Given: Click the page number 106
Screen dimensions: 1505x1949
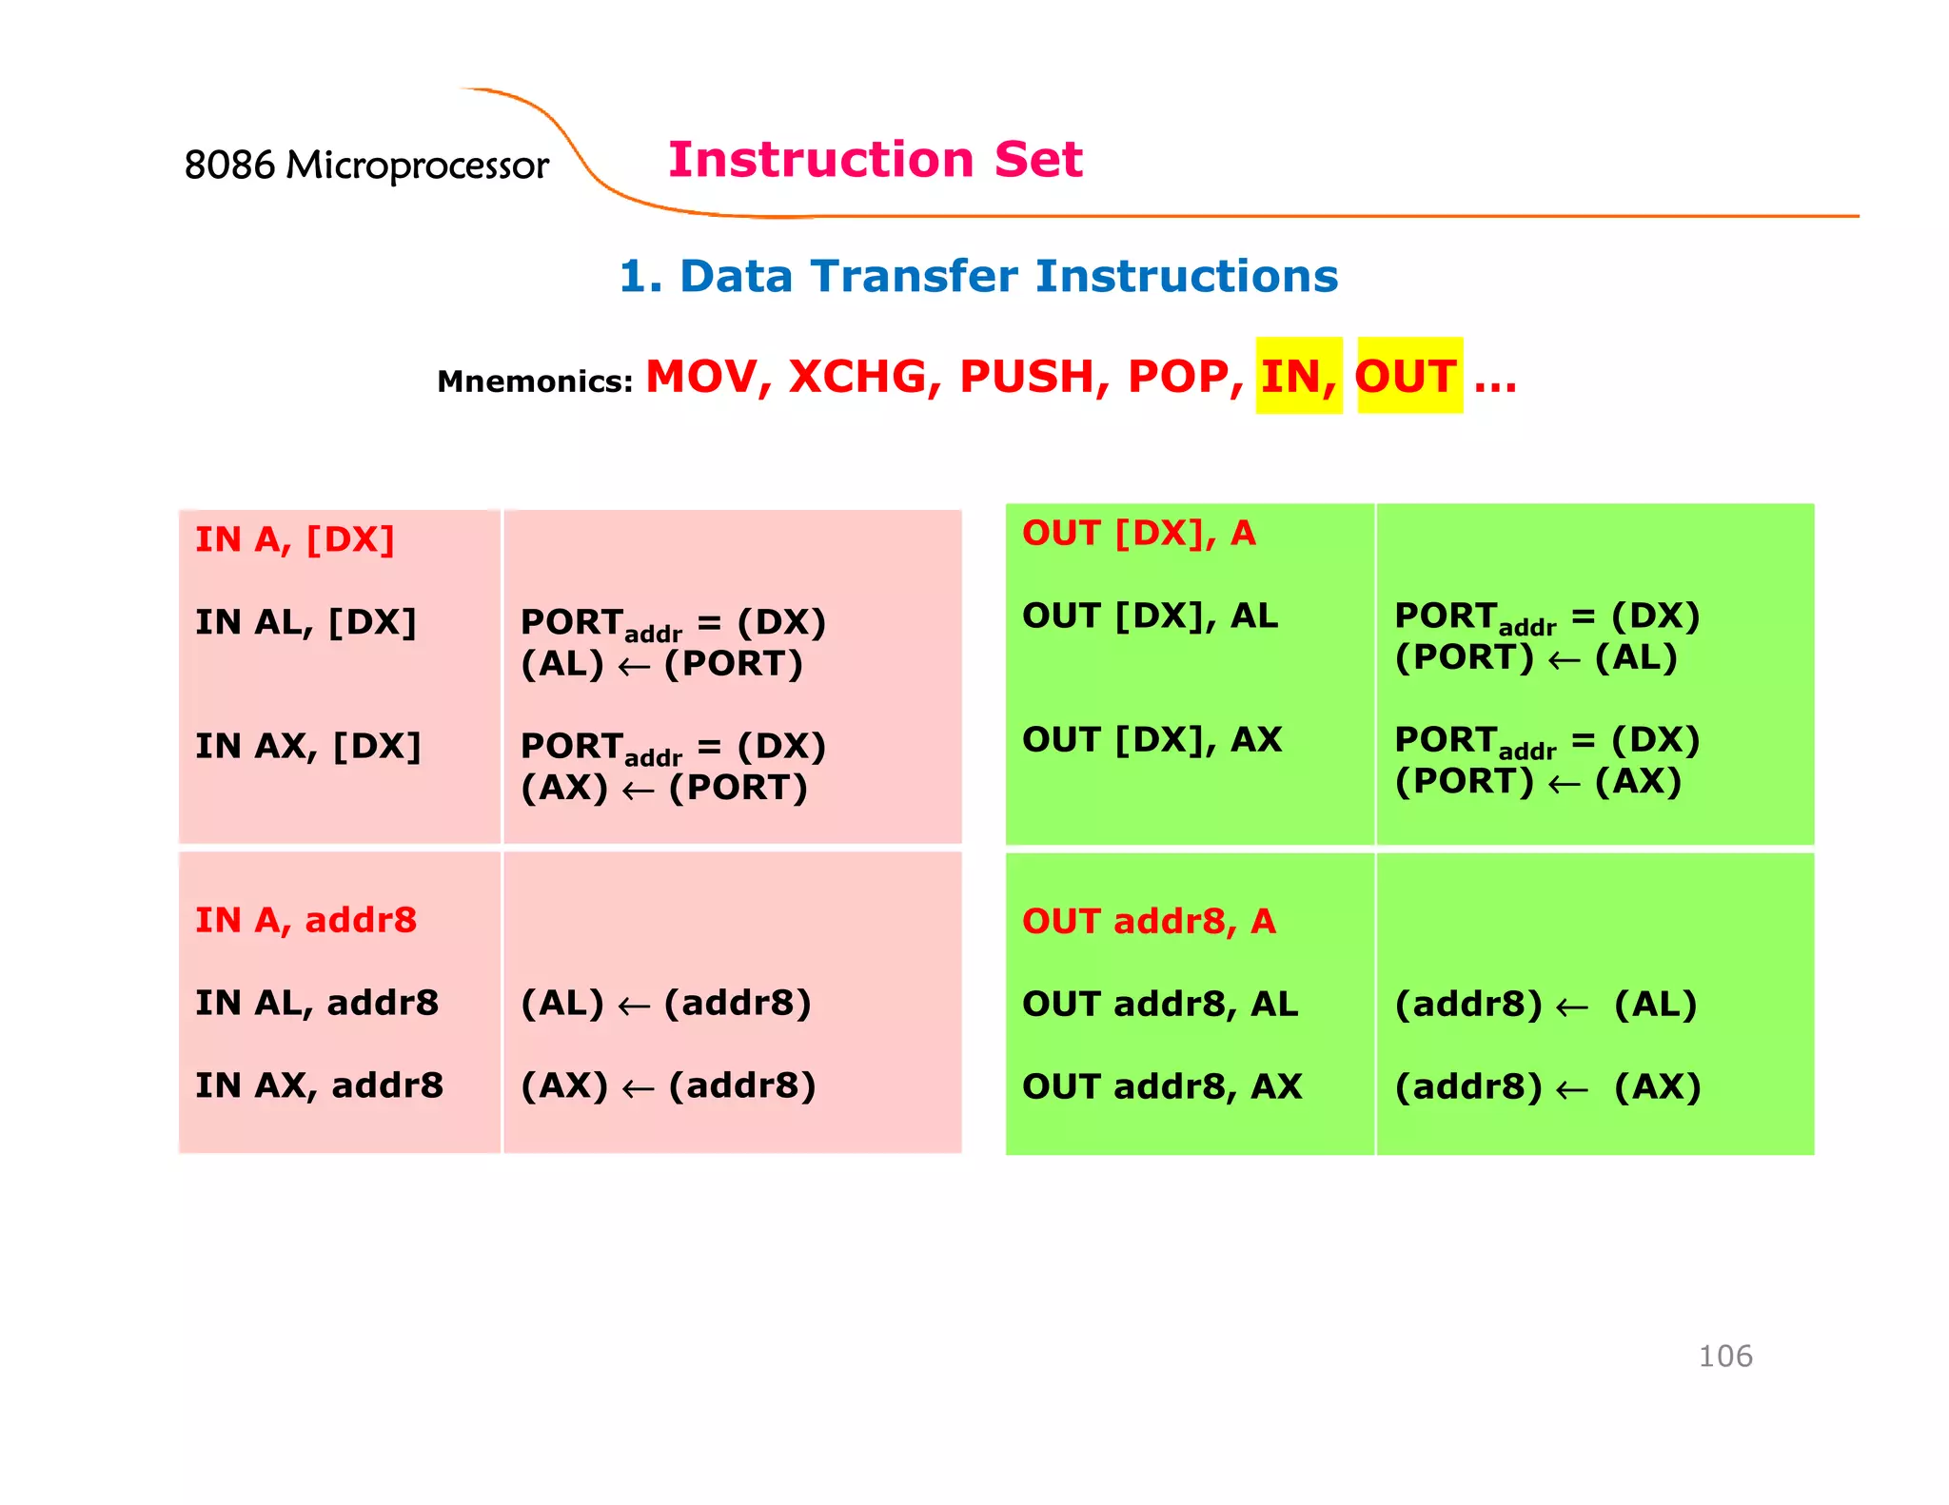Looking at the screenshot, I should [1724, 1356].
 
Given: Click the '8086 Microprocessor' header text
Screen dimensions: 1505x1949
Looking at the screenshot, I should [366, 166].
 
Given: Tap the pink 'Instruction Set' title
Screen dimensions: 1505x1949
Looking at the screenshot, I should [875, 159].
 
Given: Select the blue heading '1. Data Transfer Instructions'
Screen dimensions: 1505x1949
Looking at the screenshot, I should [978, 276].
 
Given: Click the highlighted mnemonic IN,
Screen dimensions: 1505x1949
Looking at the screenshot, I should [1298, 376].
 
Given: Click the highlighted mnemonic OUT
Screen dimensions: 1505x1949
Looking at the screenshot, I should [1407, 376].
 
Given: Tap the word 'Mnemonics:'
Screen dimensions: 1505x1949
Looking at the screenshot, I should [535, 381].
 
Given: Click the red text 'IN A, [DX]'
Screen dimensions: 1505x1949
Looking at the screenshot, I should [294, 539].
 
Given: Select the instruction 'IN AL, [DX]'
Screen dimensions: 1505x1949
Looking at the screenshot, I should [305, 622].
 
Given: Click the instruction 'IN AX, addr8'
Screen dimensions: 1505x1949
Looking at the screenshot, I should [319, 1085].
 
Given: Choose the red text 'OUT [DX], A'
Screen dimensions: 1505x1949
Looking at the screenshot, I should [1138, 534].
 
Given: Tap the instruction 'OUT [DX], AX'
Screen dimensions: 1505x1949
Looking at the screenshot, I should [1152, 739].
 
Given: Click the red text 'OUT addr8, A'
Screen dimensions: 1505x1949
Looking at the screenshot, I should [1148, 921].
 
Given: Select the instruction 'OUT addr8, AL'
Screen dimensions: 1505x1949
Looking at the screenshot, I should [1159, 1004].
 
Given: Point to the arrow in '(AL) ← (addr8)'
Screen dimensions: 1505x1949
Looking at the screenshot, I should [634, 1007].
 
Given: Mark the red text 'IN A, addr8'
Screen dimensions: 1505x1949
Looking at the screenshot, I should [305, 920].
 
